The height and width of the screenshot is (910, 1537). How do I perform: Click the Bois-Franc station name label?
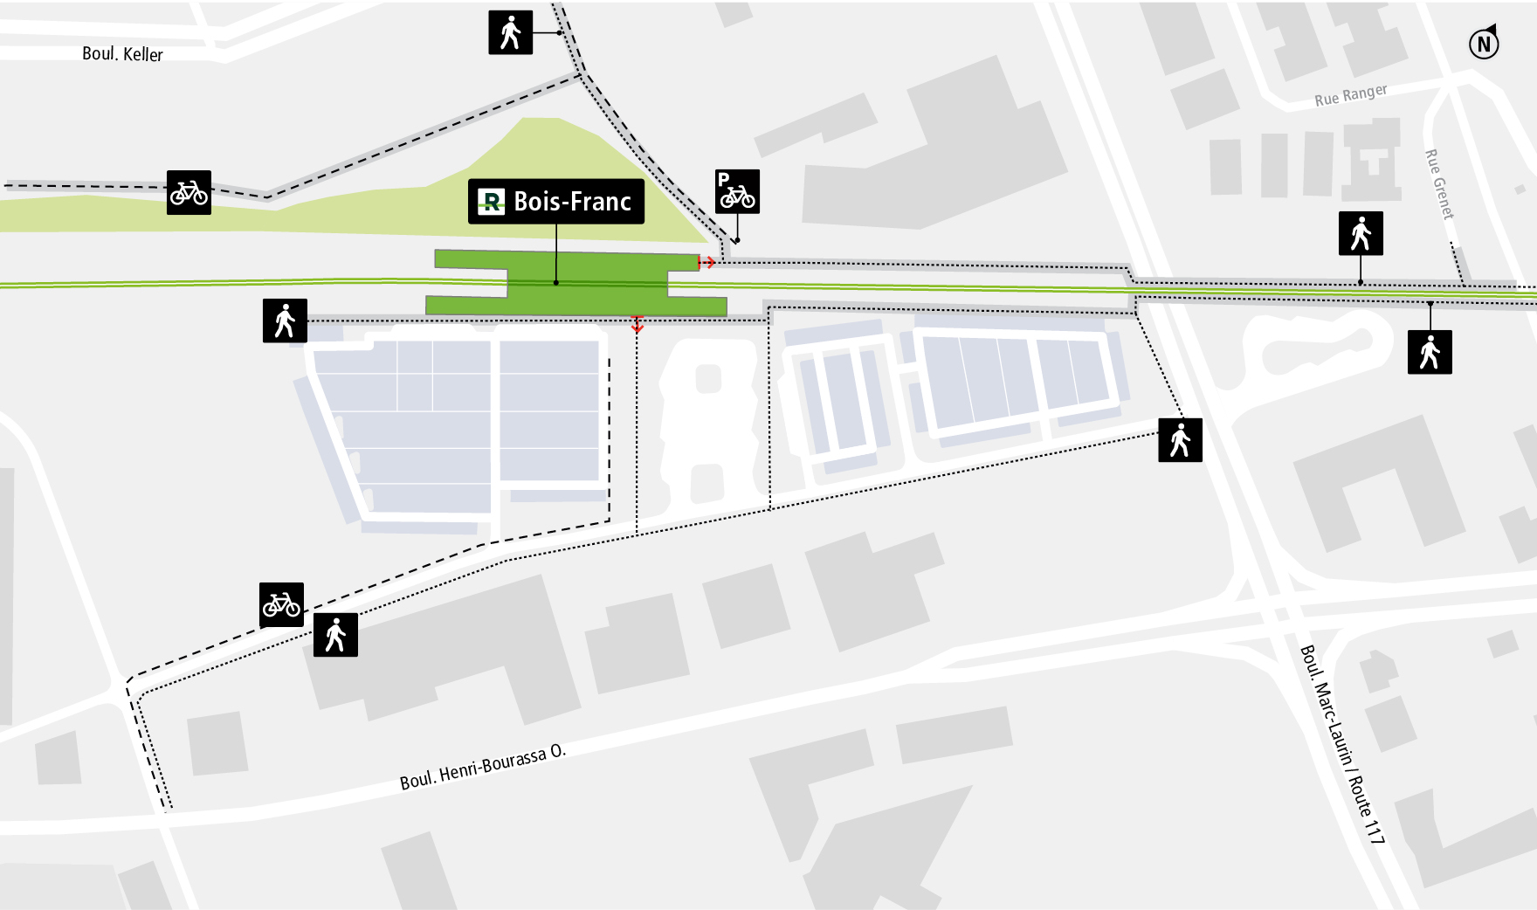pyautogui.click(x=571, y=202)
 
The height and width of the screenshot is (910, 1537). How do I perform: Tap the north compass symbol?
pyautogui.click(x=1483, y=43)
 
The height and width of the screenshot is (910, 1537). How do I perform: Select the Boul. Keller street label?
pyautogui.click(x=122, y=54)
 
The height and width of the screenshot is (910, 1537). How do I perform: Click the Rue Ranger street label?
pyautogui.click(x=1350, y=95)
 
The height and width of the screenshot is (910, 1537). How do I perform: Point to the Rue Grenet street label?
pyautogui.click(x=1439, y=184)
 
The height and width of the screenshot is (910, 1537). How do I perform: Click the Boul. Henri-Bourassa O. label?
pyautogui.click(x=482, y=768)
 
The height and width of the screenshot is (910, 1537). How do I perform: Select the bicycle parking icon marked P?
pyautogui.click(x=737, y=192)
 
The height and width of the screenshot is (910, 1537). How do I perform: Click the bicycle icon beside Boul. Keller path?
pyautogui.click(x=189, y=192)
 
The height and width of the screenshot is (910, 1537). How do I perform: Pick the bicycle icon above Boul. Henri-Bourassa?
pyautogui.click(x=281, y=604)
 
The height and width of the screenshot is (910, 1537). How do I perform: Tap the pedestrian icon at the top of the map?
pyautogui.click(x=510, y=33)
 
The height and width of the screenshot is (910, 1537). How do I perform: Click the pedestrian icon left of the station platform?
pyautogui.click(x=285, y=321)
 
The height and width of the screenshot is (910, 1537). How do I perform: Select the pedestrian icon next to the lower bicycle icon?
pyautogui.click(x=335, y=635)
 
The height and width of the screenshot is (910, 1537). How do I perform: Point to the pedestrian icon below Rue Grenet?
pyautogui.click(x=1361, y=233)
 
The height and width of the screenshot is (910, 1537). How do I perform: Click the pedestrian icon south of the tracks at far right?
pyautogui.click(x=1430, y=352)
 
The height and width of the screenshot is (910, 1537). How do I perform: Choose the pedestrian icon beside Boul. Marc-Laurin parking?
pyautogui.click(x=1180, y=439)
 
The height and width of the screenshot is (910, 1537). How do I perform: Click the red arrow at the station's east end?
pyautogui.click(x=707, y=262)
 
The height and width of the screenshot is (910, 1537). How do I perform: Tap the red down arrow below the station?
pyautogui.click(x=638, y=324)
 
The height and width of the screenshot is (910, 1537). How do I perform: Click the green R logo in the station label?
pyautogui.click(x=492, y=203)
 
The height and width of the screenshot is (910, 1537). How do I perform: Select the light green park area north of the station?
pyautogui.click(x=559, y=175)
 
